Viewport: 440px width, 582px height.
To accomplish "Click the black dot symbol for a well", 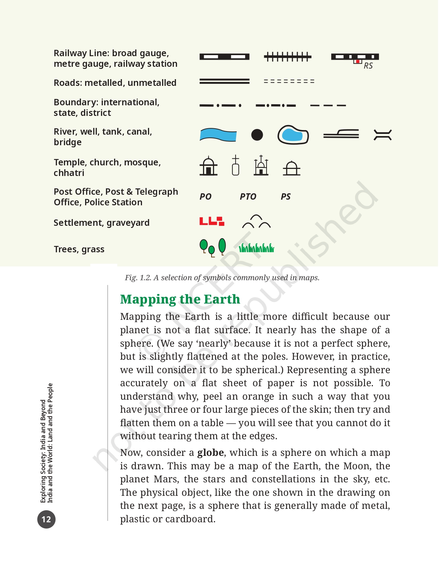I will pyautogui.click(x=257, y=135).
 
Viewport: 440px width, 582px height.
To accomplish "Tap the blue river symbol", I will pyautogui.click(x=218, y=135).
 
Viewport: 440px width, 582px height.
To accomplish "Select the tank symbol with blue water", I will pyautogui.click(x=293, y=135).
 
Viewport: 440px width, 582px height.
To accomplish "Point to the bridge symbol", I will pyautogui.click(x=382, y=135).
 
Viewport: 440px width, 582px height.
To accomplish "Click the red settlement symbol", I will pyautogui.click(x=212, y=221).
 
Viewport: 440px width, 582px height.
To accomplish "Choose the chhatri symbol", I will pyautogui.click(x=291, y=168).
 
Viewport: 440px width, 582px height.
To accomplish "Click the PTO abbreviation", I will pyautogui.click(x=248, y=196).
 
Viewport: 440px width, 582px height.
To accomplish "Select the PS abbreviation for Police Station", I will pyautogui.click(x=285, y=196).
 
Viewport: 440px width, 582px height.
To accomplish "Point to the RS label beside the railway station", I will pyautogui.click(x=368, y=66).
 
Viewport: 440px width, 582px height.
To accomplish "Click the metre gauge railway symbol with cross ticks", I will pyautogui.click(x=287, y=57).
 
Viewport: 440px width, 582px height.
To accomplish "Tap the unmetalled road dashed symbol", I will pyautogui.click(x=289, y=81).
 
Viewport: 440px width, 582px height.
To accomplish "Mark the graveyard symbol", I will pyautogui.click(x=256, y=222).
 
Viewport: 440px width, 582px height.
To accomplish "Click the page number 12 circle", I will pyautogui.click(x=46, y=519).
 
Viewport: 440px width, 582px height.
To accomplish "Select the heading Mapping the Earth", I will pyautogui.click(x=180, y=299).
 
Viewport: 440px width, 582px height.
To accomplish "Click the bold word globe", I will pyautogui.click(x=210, y=453).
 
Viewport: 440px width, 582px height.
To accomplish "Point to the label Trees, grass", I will pyautogui.click(x=79, y=249).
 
